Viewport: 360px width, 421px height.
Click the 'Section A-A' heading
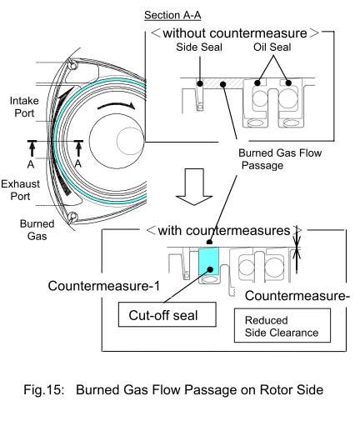point(172,15)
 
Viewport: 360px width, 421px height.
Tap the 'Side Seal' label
point(199,47)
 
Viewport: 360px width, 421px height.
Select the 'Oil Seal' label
point(272,47)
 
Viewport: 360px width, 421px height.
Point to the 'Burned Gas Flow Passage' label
point(280,159)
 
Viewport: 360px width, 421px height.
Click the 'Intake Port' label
point(24,107)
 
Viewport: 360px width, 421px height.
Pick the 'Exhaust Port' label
point(20,190)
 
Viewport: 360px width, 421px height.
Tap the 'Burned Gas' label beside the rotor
point(37,230)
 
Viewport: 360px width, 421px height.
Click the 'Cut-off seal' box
point(167,314)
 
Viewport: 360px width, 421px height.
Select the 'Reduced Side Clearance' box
point(282,325)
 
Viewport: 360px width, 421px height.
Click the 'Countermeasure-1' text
point(104,286)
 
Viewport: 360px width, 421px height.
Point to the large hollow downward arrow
point(194,187)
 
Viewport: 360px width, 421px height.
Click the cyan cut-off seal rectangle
point(208,262)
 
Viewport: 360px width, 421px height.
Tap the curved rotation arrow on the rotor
point(116,105)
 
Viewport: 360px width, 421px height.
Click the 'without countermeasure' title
point(235,33)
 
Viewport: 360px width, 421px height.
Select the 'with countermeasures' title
point(224,230)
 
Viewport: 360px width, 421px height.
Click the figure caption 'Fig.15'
point(43,389)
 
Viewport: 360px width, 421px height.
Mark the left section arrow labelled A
point(32,148)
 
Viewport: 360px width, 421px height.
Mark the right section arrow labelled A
point(78,148)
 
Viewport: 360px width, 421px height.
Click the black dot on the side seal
point(200,83)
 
